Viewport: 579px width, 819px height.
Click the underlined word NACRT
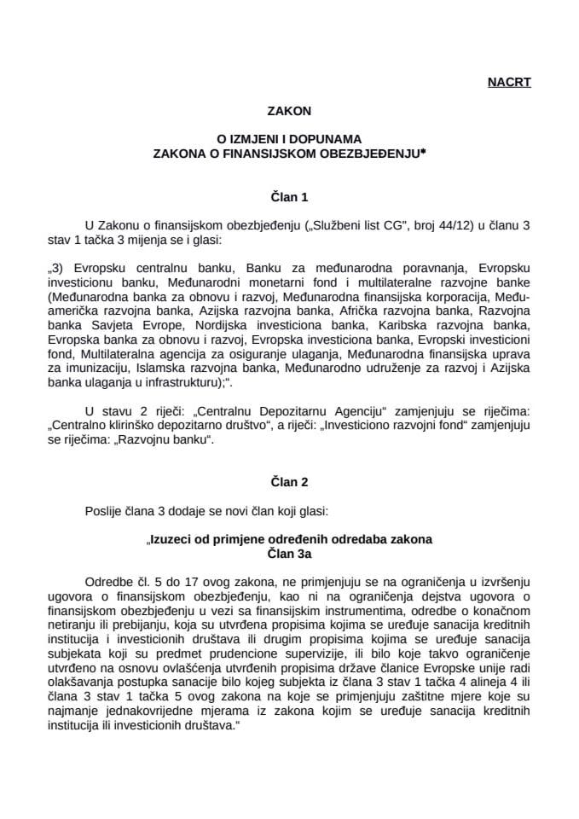pos(509,83)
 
